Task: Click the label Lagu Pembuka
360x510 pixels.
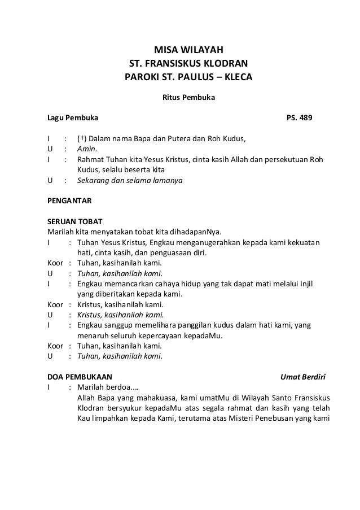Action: tap(72, 119)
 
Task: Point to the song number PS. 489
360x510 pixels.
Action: tap(301, 119)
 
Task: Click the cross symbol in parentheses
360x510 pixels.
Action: tap(82, 139)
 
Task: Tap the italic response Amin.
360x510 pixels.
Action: tap(86, 149)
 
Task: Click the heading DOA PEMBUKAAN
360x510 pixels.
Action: tap(80, 376)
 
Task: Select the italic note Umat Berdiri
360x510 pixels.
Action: tap(303, 377)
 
